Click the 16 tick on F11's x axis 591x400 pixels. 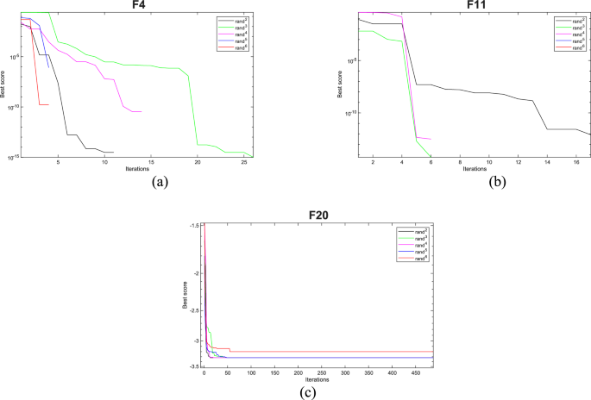coord(576,163)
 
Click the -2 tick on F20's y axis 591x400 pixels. coord(197,273)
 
